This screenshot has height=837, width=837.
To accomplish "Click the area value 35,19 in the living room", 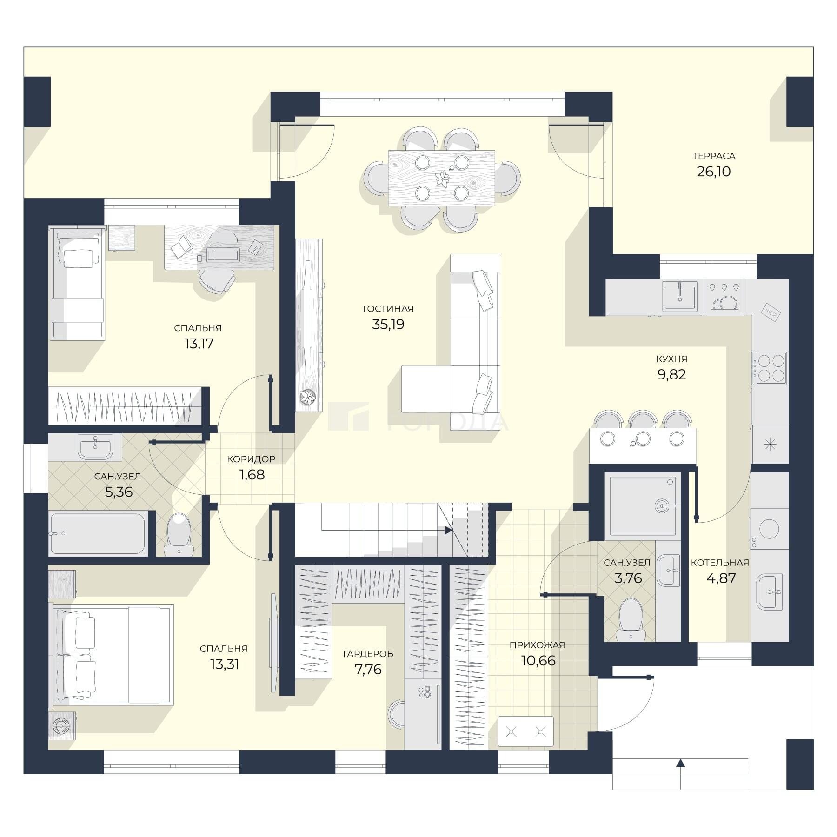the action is point(388,324).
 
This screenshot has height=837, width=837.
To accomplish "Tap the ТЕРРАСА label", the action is point(713,156).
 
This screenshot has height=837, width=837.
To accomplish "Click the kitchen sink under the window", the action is point(680,296).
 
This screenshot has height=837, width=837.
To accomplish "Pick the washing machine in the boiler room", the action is point(769,529).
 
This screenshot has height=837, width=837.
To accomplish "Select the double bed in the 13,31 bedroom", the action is point(111,655).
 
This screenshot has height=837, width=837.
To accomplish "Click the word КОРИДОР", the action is point(251,459).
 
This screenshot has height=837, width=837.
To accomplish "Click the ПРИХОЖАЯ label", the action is point(537,645).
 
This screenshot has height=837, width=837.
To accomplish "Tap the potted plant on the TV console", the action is point(307,397).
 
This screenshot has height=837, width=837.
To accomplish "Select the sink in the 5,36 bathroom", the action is point(95,447).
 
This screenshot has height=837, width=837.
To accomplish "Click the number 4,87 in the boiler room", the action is point(721,578).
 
